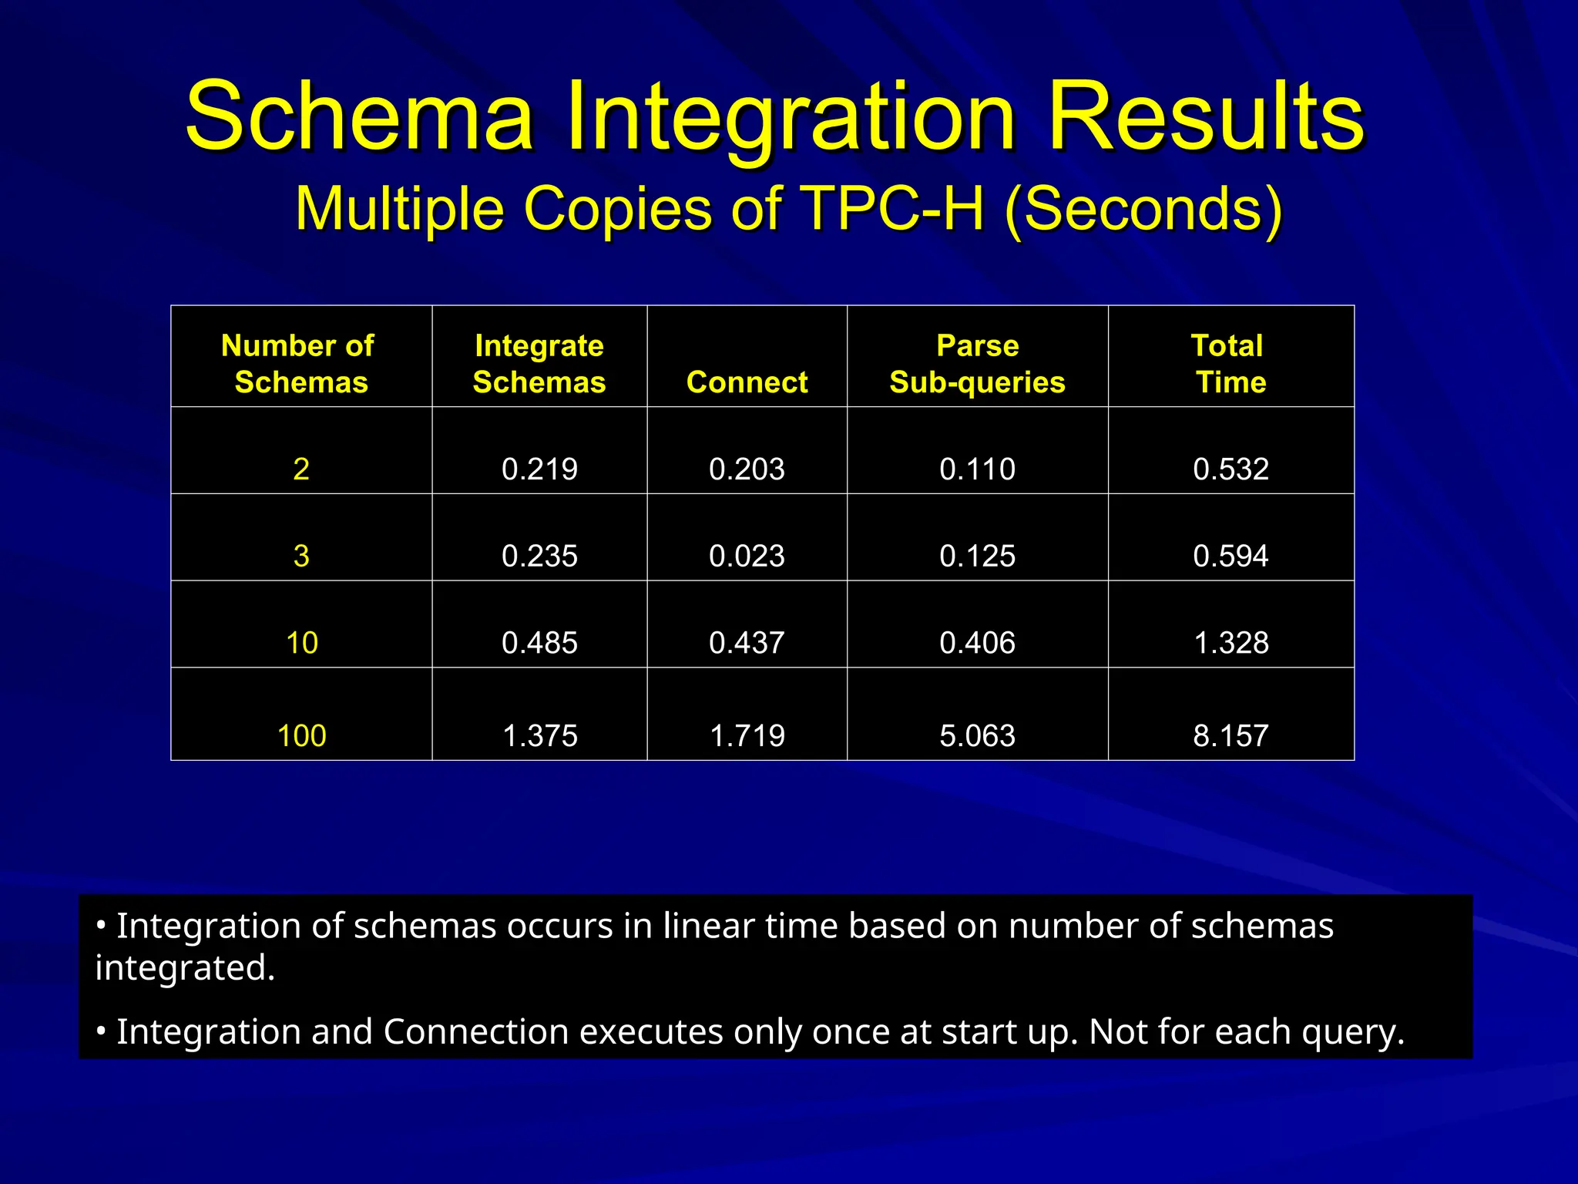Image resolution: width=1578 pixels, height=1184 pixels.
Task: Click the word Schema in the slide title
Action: coord(359,117)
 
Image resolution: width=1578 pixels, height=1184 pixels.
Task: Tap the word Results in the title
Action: coord(1206,117)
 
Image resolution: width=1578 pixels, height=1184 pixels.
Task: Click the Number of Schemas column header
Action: coord(300,364)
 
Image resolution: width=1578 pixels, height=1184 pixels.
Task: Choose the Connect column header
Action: coord(747,382)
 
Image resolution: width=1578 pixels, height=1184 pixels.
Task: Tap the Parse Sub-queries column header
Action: coord(977,364)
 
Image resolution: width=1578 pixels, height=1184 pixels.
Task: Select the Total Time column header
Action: coord(1230,364)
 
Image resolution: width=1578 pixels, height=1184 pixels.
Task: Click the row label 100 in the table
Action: coord(301,735)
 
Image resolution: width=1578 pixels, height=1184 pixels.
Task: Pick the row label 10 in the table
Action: coord(301,643)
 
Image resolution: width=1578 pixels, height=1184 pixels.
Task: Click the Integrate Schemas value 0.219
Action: coord(539,469)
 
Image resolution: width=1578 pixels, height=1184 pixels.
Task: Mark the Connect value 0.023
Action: coord(747,557)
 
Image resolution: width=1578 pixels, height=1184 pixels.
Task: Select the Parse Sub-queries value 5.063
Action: coord(977,735)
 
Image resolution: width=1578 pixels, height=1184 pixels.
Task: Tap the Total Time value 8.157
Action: coord(1231,735)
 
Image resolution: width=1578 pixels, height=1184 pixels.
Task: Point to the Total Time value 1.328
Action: coord(1231,643)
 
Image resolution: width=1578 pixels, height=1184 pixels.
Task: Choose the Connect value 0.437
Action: coord(747,643)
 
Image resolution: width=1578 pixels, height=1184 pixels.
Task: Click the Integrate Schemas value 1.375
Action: coord(539,735)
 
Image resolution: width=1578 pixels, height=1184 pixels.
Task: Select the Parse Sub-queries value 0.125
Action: coord(977,557)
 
